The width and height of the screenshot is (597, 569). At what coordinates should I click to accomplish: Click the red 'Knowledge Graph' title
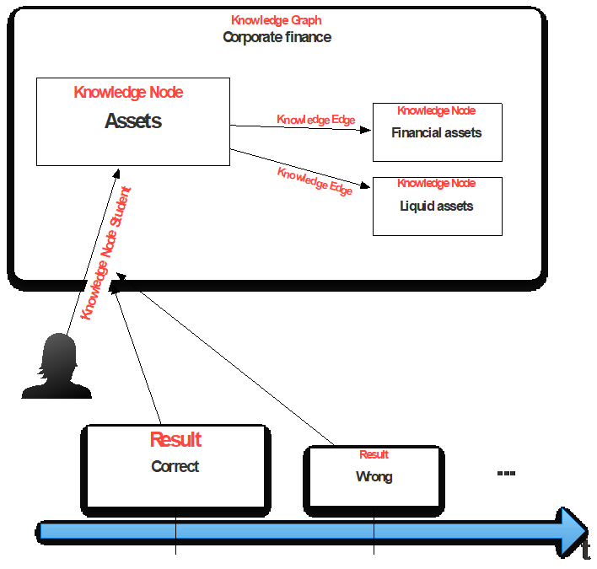pos(276,20)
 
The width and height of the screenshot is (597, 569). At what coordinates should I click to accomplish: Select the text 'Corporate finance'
pos(277,37)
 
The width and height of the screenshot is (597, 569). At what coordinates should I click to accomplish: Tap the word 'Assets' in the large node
pos(133,121)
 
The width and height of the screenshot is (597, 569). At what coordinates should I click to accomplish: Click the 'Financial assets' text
pos(437,132)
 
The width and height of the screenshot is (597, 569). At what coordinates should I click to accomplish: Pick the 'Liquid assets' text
pos(437,206)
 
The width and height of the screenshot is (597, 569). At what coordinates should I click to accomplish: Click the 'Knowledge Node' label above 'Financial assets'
pos(437,110)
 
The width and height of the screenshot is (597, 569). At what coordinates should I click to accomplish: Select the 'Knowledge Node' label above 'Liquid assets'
pos(437,183)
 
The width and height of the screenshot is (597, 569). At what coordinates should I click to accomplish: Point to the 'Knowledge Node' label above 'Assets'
pos(128,93)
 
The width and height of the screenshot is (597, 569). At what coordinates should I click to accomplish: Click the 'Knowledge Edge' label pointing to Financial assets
pos(316,120)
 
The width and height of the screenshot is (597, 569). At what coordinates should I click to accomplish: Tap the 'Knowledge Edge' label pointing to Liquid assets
pos(315,181)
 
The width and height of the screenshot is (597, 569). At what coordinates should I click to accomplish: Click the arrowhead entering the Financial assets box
pos(367,130)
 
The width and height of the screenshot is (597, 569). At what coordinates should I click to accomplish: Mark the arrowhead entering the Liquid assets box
pos(367,186)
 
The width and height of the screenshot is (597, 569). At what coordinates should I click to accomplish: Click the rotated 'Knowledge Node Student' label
pos(105,252)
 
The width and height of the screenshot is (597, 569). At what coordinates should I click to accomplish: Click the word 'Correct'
pos(175,466)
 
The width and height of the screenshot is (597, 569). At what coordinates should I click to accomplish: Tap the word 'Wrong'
pos(374,477)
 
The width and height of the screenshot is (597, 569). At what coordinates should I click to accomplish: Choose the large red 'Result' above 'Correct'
pos(175,439)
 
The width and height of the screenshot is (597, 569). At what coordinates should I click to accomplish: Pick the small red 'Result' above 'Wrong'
pos(374,454)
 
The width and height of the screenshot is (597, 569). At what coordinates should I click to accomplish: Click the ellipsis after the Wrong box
pos(506,474)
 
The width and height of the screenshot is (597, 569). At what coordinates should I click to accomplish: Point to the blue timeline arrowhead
pos(573,531)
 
